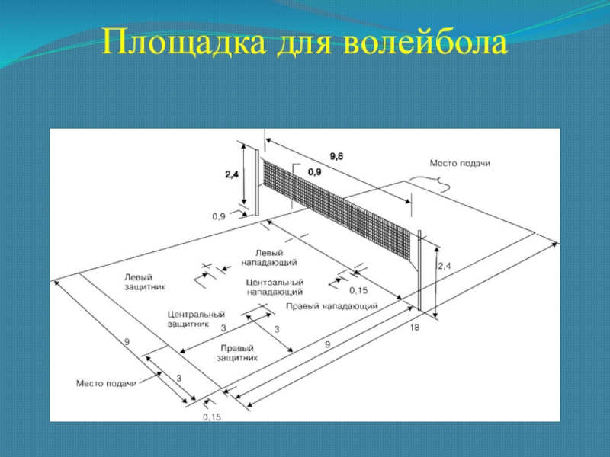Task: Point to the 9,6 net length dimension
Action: [336, 156]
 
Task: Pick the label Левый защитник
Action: [145, 282]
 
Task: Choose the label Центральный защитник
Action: [196, 318]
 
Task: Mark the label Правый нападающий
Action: [332, 306]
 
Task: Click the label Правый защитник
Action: [237, 351]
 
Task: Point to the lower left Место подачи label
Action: [106, 383]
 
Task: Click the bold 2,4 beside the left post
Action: [232, 174]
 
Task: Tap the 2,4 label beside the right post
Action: [445, 266]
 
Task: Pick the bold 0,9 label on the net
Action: [314, 173]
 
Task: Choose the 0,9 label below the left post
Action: [219, 216]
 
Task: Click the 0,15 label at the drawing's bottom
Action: [212, 417]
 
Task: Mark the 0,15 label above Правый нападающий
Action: [358, 290]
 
